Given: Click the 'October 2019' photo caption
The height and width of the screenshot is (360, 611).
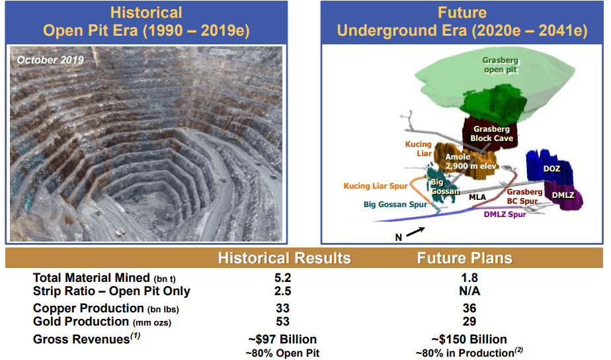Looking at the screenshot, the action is [50, 60].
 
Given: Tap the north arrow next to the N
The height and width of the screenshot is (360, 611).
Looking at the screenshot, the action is [415, 232].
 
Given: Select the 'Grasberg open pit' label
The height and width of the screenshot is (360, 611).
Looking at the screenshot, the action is [501, 65].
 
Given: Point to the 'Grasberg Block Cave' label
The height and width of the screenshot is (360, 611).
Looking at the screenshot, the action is [491, 134].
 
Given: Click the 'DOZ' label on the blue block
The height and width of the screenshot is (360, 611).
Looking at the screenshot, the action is [551, 169].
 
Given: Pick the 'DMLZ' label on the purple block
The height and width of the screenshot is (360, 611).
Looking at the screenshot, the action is [563, 195].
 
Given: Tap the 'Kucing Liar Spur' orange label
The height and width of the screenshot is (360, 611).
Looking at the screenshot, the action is [375, 186].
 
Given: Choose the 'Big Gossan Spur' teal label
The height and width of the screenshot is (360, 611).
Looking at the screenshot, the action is [395, 204].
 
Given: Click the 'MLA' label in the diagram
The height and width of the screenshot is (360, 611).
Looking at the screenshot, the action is [477, 197].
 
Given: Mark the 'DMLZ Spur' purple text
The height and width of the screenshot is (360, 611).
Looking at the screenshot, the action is [505, 214].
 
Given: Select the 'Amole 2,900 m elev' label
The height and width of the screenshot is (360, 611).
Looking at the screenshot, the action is [471, 161].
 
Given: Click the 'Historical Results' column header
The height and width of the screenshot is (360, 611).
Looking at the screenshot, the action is [284, 258].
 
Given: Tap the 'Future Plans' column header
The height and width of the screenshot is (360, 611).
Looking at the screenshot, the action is [464, 258].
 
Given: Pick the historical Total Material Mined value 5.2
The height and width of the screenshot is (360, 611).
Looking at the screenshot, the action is [282, 278].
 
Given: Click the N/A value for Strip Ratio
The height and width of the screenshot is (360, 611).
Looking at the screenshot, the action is [469, 291].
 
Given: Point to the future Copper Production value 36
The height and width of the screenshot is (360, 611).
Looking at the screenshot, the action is [469, 308].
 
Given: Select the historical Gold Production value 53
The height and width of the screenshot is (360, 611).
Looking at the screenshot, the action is [282, 322].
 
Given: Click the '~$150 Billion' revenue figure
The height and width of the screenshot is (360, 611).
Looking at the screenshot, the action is [469, 339].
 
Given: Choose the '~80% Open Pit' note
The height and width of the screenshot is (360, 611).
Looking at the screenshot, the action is [282, 353].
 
